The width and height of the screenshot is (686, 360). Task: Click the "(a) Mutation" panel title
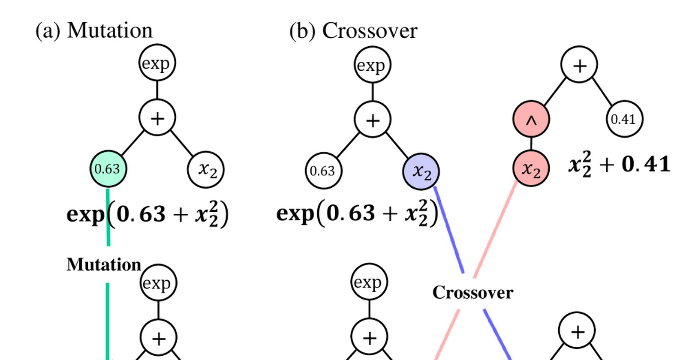[94, 30]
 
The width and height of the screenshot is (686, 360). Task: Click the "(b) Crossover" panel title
[353, 30]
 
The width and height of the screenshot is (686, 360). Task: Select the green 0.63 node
[108, 169]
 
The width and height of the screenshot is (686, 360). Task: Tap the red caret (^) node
[531, 119]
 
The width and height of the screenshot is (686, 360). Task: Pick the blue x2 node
[421, 171]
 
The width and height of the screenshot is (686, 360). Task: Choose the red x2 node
[531, 168]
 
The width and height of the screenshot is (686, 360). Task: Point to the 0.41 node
[624, 119]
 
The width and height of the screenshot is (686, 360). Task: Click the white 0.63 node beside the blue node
[323, 171]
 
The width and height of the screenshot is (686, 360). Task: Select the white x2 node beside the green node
[206, 169]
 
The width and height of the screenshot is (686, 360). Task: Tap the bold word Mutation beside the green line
[104, 265]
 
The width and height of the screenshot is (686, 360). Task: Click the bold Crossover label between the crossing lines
[473, 293]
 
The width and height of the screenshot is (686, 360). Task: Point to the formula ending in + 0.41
[619, 165]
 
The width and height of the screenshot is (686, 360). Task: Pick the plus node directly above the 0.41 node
[579, 65]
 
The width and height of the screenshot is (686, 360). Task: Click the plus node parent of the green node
[157, 117]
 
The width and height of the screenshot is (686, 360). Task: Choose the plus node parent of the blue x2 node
[373, 120]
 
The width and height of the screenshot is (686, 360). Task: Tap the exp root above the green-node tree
[157, 63]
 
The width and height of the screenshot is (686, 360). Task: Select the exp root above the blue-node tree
[373, 65]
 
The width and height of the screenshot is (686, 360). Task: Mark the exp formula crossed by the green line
[147, 214]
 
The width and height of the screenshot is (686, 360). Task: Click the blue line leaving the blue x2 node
[449, 230]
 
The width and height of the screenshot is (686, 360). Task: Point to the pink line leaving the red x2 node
[496, 230]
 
